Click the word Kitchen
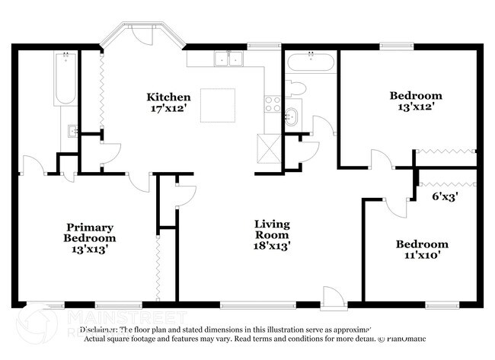click(168, 97)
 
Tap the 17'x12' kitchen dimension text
click(168, 109)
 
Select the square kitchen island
click(217, 105)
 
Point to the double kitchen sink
click(228, 58)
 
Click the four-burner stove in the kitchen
click(273, 104)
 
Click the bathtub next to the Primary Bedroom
click(65, 80)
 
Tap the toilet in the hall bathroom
click(295, 88)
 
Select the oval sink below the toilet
click(292, 116)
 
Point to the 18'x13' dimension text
click(272, 246)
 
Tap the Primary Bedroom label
click(90, 232)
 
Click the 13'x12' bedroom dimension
click(415, 108)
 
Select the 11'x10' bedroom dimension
click(421, 256)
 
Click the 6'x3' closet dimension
click(445, 196)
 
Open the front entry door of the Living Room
click(333, 298)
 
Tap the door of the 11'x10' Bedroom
click(394, 205)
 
